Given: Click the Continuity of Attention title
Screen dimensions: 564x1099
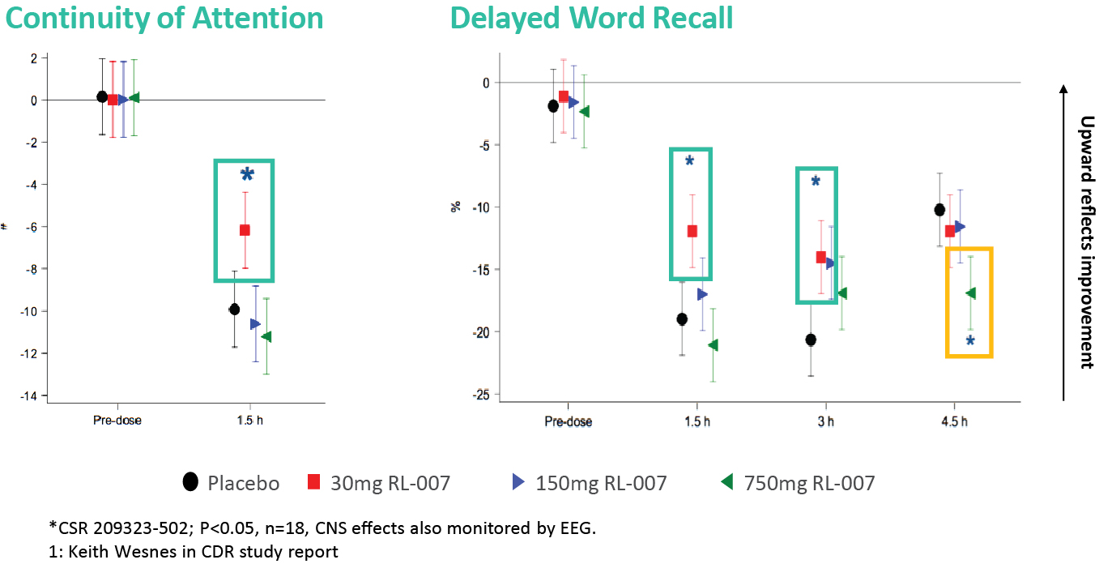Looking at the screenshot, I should click(x=164, y=18).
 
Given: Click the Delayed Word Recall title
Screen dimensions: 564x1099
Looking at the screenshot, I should click(x=591, y=18).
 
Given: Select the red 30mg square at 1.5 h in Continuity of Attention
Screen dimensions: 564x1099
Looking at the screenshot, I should click(x=245, y=230).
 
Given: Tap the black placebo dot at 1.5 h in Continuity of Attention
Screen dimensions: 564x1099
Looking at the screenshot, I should click(x=234, y=309).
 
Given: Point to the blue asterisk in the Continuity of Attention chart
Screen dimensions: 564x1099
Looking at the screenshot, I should click(x=247, y=174).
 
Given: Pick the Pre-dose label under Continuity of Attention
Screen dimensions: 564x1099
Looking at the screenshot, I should click(x=117, y=421).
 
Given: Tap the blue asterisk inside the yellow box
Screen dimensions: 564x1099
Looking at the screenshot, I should click(x=970, y=341).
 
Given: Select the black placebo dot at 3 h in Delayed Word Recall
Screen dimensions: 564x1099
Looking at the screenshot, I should click(x=811, y=340).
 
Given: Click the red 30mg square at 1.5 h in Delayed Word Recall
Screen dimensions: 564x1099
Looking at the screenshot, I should click(x=692, y=231).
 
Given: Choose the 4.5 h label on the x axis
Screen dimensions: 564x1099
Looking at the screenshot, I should click(x=954, y=421).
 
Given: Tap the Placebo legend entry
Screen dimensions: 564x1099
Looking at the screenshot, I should click(x=232, y=483).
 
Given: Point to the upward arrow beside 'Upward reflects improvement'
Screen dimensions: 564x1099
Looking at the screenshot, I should click(x=1063, y=243).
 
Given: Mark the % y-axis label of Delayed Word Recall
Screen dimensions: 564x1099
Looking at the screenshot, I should click(x=456, y=207).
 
